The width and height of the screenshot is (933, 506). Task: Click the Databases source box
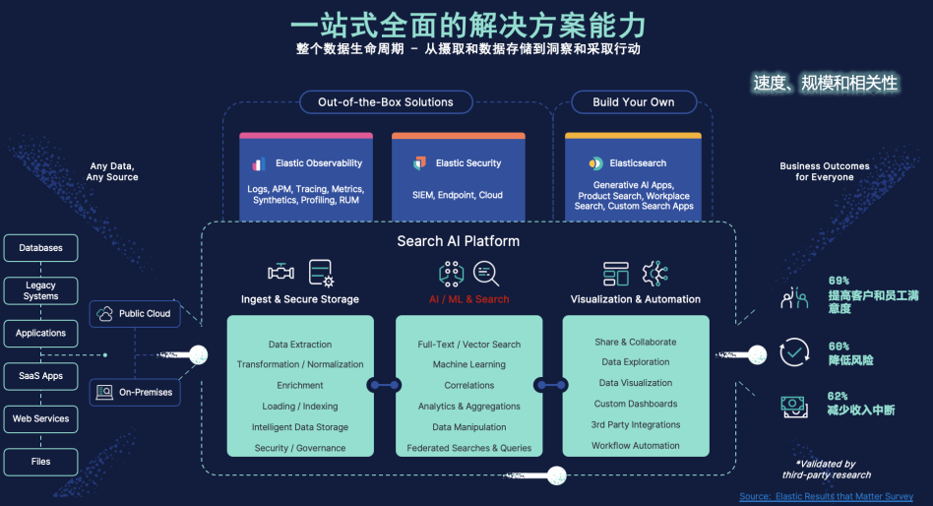(x=40, y=248)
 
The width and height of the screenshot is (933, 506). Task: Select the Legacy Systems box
(x=40, y=290)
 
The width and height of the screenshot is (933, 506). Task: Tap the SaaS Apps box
(x=40, y=376)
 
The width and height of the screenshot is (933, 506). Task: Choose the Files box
(x=40, y=461)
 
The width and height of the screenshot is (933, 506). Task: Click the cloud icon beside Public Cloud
(x=105, y=314)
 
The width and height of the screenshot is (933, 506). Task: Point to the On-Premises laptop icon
(x=104, y=393)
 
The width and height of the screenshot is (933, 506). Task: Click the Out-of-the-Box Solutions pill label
(x=385, y=102)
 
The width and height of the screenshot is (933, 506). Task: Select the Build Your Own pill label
(x=634, y=102)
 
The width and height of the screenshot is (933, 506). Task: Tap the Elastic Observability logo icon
(x=259, y=164)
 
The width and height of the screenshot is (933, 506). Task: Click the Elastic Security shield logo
(x=420, y=163)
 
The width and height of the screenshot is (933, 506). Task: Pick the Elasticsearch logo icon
(x=595, y=163)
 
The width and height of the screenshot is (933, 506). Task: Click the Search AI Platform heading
(x=458, y=241)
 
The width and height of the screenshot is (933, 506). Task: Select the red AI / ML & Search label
(x=468, y=299)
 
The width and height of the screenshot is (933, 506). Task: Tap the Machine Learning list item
(x=468, y=365)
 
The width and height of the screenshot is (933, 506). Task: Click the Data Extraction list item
(x=300, y=345)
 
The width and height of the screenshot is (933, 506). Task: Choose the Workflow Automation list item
(x=636, y=446)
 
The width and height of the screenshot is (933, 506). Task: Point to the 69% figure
(x=839, y=281)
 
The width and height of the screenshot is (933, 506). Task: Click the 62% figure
(x=839, y=395)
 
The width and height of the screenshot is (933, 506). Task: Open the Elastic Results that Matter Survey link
(x=827, y=497)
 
